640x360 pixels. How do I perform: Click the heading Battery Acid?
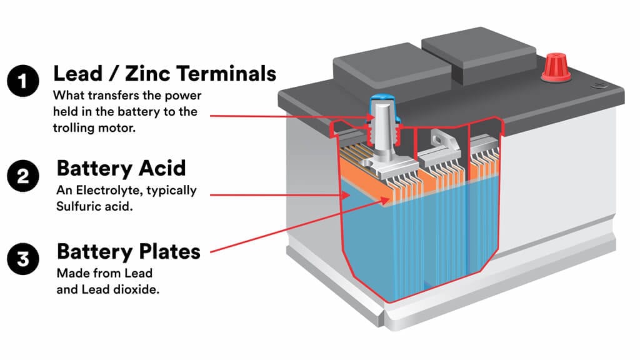coord(122,169)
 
